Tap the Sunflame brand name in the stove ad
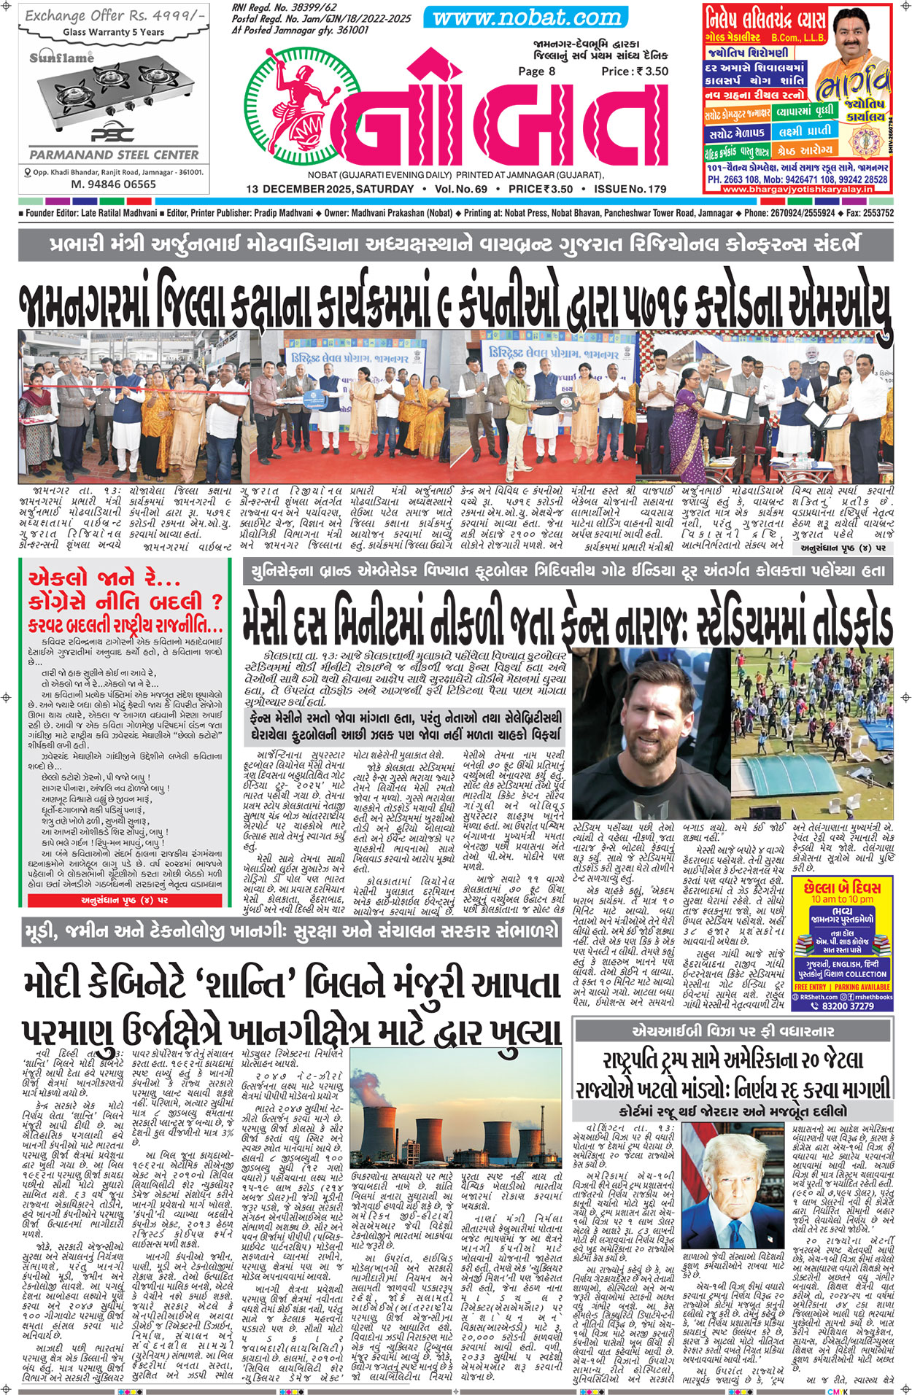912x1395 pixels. click(62, 58)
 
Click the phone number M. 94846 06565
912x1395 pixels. click(113, 184)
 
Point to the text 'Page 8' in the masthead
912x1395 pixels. click(536, 71)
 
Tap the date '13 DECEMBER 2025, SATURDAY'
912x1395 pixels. click(330, 190)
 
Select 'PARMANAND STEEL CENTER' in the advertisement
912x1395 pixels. click(114, 155)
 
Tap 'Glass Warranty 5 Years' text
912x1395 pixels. click(114, 32)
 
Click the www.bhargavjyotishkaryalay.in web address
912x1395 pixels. click(797, 189)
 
